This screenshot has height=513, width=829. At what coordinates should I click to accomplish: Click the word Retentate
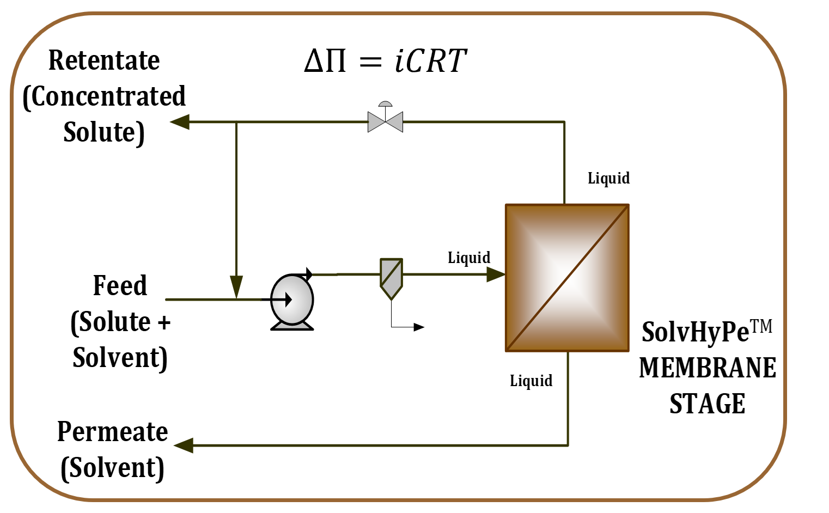pos(104,60)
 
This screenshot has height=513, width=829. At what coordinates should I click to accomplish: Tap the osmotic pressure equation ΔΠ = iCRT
pos(385,60)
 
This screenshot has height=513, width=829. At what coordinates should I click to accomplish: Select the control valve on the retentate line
pos(385,120)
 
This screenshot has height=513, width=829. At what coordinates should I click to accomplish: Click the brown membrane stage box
pos(567,278)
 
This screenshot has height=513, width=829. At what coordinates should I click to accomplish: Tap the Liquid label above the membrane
pos(608,178)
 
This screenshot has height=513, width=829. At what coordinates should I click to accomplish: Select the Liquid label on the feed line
pos(468,258)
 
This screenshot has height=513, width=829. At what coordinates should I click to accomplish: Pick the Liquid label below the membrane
pos(531,381)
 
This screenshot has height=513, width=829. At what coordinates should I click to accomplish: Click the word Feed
pos(120,285)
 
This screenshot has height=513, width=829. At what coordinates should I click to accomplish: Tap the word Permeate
pos(112,432)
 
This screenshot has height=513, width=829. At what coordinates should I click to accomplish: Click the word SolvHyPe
pos(695,332)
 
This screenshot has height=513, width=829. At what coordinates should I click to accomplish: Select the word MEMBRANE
pos(708,368)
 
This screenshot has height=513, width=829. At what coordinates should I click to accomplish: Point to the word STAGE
pos(707,404)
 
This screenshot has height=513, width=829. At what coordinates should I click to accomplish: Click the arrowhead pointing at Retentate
pos(180,122)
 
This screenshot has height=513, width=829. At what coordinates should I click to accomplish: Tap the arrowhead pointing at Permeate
pos(184,445)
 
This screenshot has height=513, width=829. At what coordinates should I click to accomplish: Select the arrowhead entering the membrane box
pos(496,274)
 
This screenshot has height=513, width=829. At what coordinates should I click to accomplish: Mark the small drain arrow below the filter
pos(418,327)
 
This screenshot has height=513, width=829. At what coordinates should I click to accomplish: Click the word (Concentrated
pos(104,96)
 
